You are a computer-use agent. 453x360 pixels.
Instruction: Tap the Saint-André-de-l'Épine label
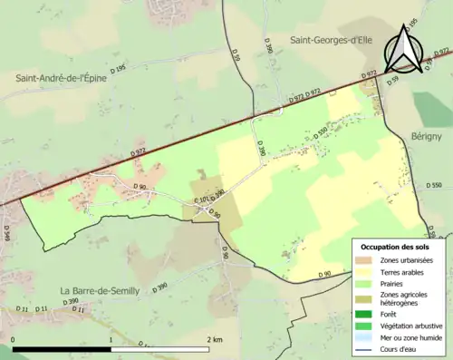[60, 79]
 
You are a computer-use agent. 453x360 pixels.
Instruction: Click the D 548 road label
[6, 234]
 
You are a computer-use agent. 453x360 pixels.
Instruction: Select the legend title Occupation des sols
[395, 247]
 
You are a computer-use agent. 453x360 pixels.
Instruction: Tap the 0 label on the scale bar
[13, 339]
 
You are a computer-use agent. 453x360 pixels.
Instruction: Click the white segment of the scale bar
[160, 349]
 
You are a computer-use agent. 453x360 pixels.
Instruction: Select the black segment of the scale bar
[62, 349]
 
